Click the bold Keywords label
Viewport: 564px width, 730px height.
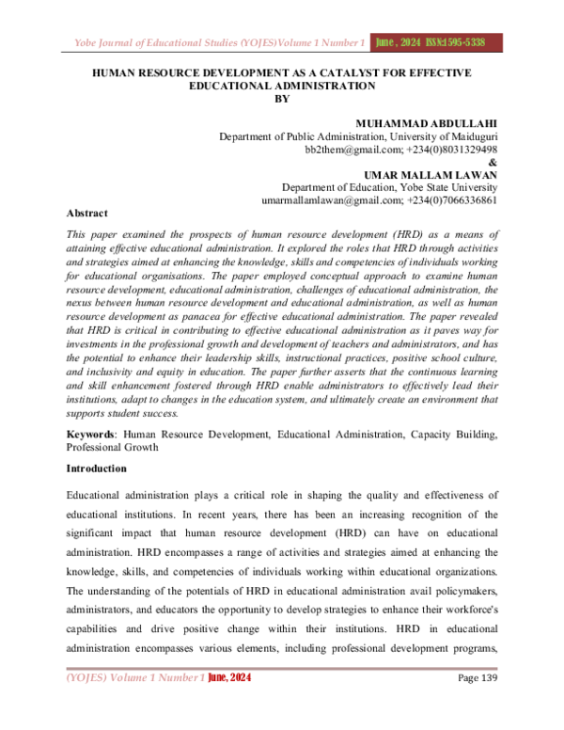(90, 435)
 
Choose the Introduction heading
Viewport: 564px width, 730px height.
(99, 468)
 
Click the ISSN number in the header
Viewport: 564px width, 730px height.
(467, 42)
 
